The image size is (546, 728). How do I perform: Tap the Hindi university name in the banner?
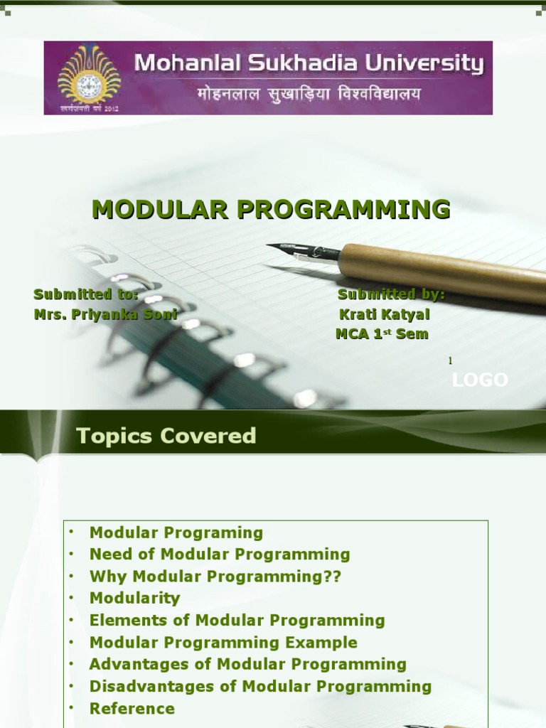[x=309, y=94]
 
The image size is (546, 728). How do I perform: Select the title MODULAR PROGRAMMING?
[x=272, y=209]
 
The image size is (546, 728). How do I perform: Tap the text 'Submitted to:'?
[x=85, y=294]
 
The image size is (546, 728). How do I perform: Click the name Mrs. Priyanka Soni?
[x=105, y=314]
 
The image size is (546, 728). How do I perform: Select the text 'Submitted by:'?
[x=391, y=294]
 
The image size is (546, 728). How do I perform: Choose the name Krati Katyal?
[x=385, y=314]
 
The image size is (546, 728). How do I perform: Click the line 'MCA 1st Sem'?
[x=382, y=334]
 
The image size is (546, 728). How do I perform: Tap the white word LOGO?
[x=481, y=380]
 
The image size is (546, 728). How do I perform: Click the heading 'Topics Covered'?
[x=166, y=436]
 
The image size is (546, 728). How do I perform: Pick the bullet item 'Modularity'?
[x=134, y=598]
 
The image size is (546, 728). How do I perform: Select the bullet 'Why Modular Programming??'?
[x=215, y=576]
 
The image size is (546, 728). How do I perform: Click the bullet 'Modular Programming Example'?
[x=223, y=642]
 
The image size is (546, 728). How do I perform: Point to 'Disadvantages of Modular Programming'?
[x=260, y=686]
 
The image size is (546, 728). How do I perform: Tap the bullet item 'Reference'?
[x=132, y=708]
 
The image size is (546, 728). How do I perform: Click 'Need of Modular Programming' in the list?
[x=220, y=554]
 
